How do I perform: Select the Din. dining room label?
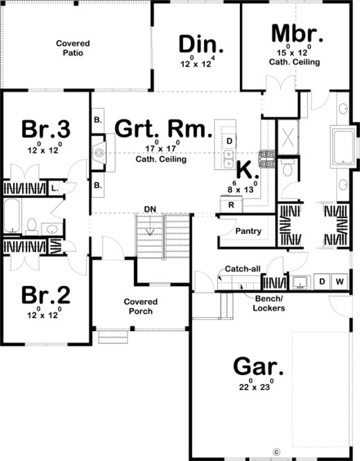(x=201, y=44)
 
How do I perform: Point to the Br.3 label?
(x=45, y=129)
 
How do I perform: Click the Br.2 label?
(x=45, y=294)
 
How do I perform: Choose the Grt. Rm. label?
(x=163, y=128)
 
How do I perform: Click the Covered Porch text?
(x=140, y=306)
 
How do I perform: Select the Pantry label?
(x=248, y=231)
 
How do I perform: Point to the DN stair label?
(x=150, y=209)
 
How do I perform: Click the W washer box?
(x=340, y=281)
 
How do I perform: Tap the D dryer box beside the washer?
(x=323, y=281)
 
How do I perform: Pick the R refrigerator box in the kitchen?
(x=230, y=206)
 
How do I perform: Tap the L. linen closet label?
(x=55, y=187)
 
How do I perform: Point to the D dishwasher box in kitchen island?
(x=229, y=141)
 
